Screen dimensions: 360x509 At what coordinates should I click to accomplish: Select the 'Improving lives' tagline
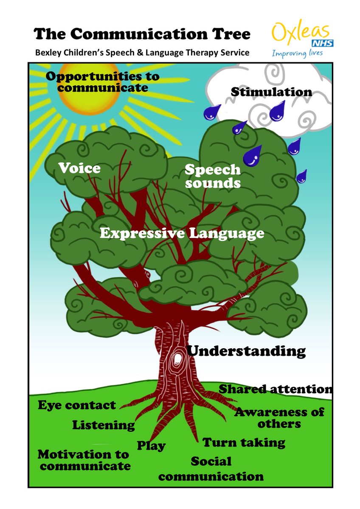click(297, 53)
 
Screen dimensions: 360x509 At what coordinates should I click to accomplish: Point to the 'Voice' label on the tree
click(79, 168)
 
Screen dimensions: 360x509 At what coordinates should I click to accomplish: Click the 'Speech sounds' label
click(213, 176)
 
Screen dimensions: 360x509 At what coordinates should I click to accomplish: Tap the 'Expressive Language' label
click(182, 233)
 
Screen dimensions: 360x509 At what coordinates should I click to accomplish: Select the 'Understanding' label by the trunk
click(246, 351)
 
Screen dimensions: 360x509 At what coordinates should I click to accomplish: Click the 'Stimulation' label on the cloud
click(271, 92)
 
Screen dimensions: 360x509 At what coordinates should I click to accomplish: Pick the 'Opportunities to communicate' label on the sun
click(102, 82)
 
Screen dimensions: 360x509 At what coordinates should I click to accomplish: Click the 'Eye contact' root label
click(77, 405)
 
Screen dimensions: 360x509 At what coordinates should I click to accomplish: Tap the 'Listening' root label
click(103, 425)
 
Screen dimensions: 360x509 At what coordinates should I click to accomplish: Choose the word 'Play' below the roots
click(151, 445)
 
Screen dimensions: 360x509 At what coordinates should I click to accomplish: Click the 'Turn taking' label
click(244, 443)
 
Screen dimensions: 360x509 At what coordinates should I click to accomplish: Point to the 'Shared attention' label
click(275, 389)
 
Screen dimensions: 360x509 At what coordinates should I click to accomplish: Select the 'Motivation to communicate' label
click(84, 460)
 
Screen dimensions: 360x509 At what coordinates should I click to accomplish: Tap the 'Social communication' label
click(211, 469)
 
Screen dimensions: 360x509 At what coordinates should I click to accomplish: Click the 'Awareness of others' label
click(279, 417)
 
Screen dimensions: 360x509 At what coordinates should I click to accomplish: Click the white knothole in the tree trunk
click(177, 360)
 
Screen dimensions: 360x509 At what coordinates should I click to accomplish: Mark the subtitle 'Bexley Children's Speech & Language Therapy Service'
click(142, 53)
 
